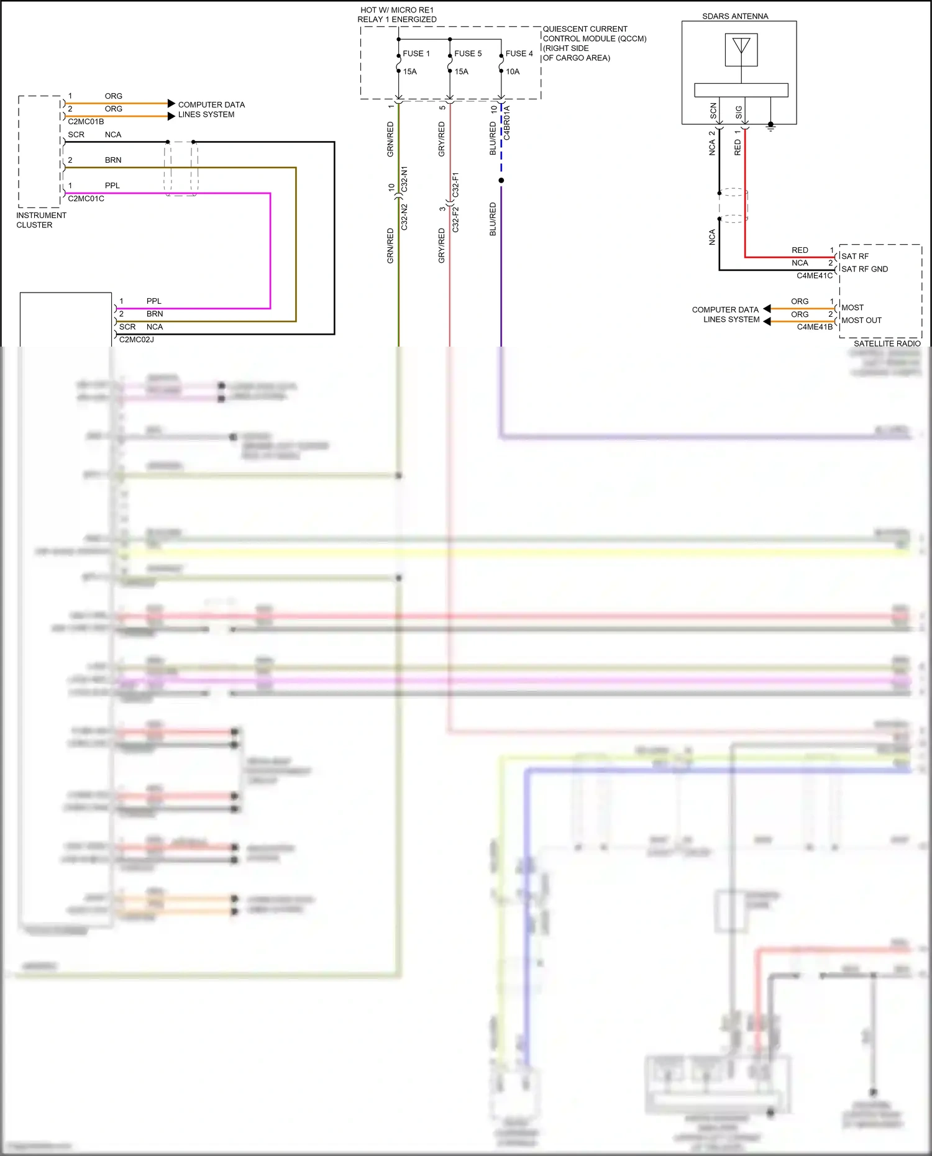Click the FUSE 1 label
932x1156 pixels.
(416, 53)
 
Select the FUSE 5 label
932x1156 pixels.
(467, 53)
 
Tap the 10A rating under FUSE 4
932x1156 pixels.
(512, 71)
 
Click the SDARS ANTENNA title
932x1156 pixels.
(735, 16)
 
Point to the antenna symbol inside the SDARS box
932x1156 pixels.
(741, 48)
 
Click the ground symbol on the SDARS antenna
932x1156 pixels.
(770, 127)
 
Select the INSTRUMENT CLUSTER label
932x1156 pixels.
(41, 220)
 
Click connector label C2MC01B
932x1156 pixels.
(86, 122)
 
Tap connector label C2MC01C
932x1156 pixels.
(86, 199)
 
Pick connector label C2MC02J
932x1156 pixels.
(136, 340)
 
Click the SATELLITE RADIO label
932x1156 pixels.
(887, 344)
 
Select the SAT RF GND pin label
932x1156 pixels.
(864, 269)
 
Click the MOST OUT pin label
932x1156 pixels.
(861, 321)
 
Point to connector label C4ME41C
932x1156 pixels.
(814, 276)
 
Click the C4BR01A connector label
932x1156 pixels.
(507, 122)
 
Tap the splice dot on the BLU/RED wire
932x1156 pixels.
(501, 181)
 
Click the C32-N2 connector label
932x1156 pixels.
(404, 217)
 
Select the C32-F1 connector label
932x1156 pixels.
(455, 185)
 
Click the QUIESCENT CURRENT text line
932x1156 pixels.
(585, 29)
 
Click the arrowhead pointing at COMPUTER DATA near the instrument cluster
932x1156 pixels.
(171, 103)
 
